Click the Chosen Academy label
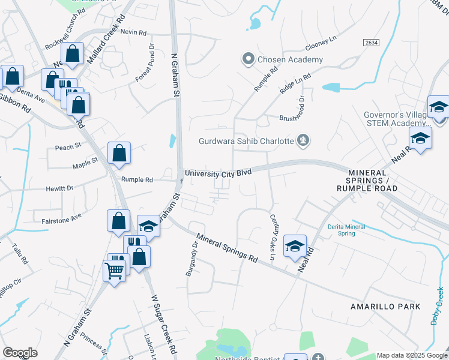pyautogui.click(x=291, y=59)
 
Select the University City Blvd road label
pyautogui.click(x=217, y=173)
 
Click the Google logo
pyautogui.click(x=20, y=353)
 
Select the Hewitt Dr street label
pyautogui.click(x=59, y=188)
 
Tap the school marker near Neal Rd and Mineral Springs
pyautogui.click(x=295, y=245)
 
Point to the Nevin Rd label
pyautogui.click(x=133, y=32)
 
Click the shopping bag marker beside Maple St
pyautogui.click(x=119, y=153)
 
